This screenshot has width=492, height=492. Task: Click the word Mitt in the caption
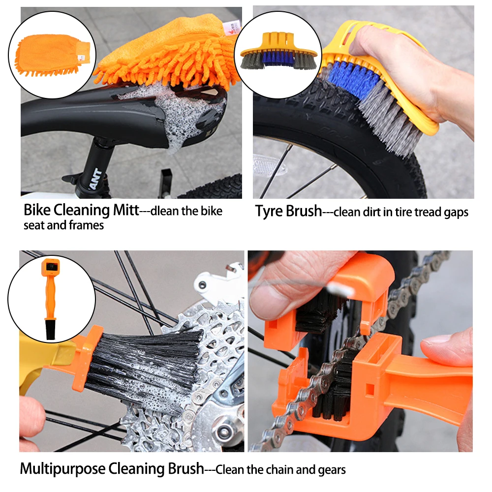(x=124, y=211)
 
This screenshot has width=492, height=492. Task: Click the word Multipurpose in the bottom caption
(x=64, y=469)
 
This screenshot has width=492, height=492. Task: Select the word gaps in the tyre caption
(x=456, y=213)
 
